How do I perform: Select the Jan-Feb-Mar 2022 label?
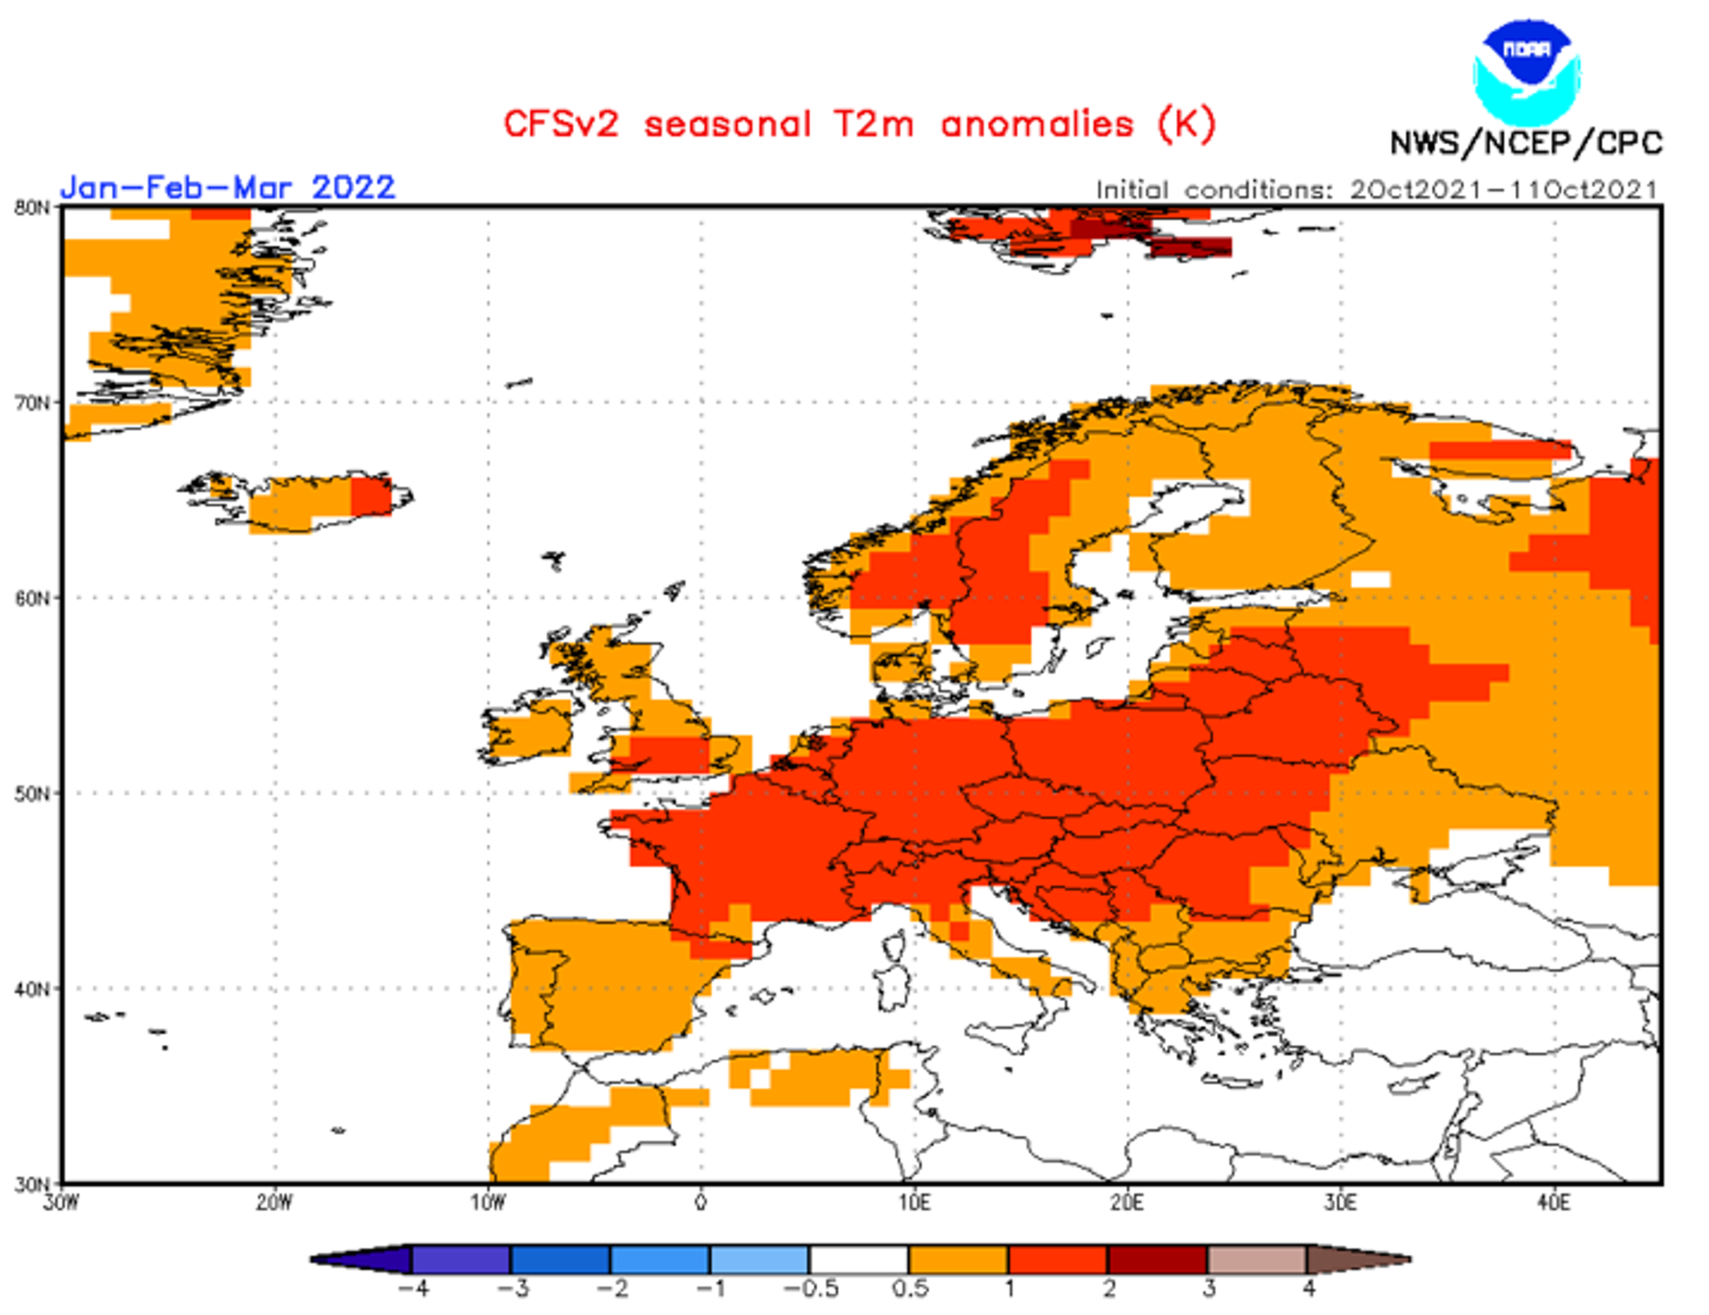(227, 188)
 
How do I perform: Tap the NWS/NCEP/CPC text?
(1526, 143)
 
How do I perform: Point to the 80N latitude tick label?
(32, 208)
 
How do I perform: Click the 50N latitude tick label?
(32, 794)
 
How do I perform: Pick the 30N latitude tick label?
(32, 1184)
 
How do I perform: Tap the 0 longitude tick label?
(701, 1203)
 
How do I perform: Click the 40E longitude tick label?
(1554, 1203)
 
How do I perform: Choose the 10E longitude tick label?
(914, 1203)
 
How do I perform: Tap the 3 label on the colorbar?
(1209, 1288)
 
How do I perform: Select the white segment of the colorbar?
(859, 1260)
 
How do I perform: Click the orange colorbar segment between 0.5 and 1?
(958, 1260)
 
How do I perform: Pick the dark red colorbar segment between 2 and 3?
(1158, 1260)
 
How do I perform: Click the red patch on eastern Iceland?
(370, 496)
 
